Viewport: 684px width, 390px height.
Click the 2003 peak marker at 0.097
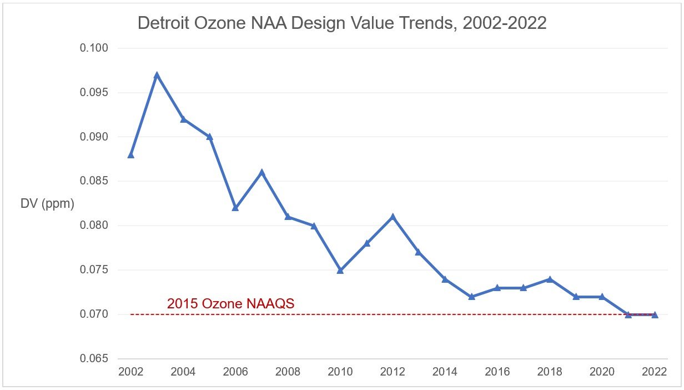pyautogui.click(x=157, y=74)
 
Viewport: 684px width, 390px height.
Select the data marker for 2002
pyautogui.click(x=131, y=154)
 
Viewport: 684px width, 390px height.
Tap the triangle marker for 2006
pyautogui.click(x=235, y=208)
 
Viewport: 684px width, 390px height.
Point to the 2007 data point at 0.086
pyautogui.click(x=261, y=172)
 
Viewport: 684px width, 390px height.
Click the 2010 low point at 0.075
pyautogui.click(x=340, y=270)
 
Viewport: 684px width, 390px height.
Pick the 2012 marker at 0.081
pyautogui.click(x=393, y=217)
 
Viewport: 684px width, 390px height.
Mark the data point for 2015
pyautogui.click(x=471, y=297)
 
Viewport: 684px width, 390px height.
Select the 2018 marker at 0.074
pyautogui.click(x=550, y=279)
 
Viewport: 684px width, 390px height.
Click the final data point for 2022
pyautogui.click(x=655, y=314)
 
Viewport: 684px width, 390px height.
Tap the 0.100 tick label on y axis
pyautogui.click(x=94, y=48)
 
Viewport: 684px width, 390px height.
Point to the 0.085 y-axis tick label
pyautogui.click(x=94, y=181)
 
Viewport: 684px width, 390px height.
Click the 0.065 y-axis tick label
pyautogui.click(x=94, y=359)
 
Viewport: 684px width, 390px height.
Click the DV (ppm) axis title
pyautogui.click(x=47, y=204)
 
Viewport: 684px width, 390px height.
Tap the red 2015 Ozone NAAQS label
pyautogui.click(x=230, y=304)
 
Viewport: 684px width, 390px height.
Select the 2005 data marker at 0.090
pyautogui.click(x=209, y=137)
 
